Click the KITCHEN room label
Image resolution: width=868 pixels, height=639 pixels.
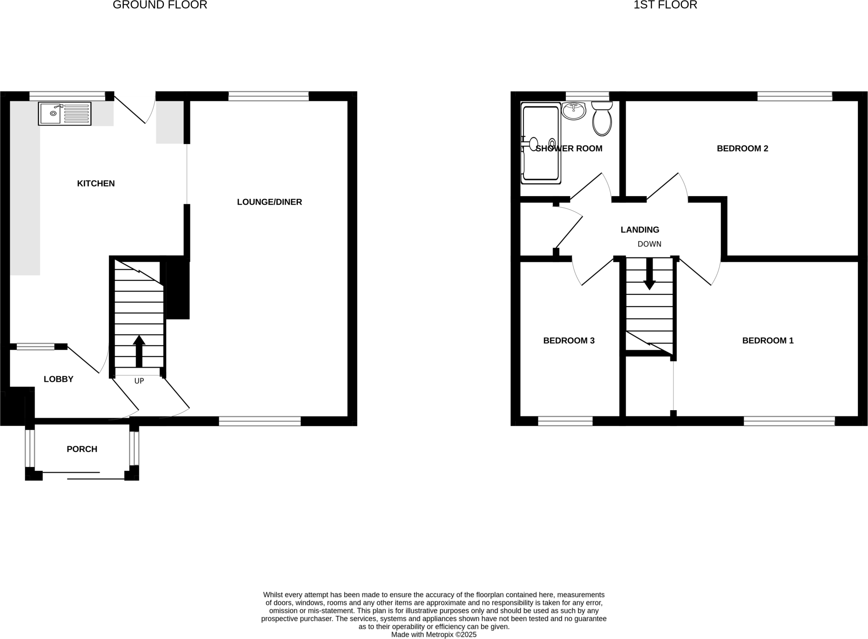96,183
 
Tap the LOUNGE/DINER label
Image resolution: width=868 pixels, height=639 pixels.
269,202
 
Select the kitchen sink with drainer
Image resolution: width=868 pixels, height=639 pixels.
64,114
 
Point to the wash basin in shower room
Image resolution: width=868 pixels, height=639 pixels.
573,111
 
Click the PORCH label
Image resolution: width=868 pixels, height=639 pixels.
82,449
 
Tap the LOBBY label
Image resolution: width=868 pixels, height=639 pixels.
58,379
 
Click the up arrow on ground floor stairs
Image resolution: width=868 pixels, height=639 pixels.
139,351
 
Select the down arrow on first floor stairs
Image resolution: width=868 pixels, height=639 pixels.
649,274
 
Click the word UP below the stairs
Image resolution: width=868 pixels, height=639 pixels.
139,381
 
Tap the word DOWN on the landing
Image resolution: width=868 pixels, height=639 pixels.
649,244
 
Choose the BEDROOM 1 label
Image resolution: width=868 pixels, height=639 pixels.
768,341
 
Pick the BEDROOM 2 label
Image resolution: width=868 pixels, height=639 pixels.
742,149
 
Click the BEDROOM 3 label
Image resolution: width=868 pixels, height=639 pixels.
569,341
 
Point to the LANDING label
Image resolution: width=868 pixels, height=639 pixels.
640,230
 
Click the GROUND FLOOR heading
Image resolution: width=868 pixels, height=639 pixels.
160,5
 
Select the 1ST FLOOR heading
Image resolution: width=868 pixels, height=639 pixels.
665,5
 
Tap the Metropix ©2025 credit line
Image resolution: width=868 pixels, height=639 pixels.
434,635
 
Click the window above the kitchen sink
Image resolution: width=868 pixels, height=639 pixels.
67,96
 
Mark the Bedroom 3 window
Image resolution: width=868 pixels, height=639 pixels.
565,421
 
